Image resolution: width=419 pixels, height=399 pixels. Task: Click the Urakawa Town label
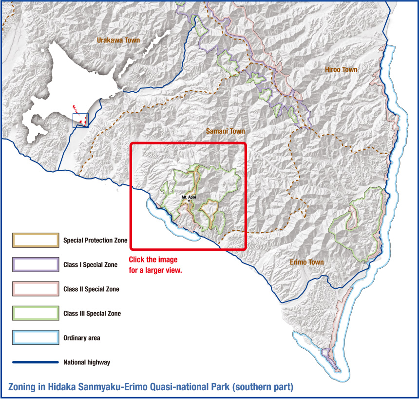(x=118, y=40)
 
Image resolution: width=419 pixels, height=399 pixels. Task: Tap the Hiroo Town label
(x=341, y=70)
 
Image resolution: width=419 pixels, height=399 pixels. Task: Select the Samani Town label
(x=225, y=131)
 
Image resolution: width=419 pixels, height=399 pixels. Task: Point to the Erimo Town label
(x=307, y=262)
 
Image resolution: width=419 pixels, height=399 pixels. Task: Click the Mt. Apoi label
(x=189, y=197)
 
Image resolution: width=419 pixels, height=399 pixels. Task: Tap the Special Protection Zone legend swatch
(x=36, y=240)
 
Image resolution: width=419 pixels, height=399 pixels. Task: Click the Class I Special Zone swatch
(x=36, y=265)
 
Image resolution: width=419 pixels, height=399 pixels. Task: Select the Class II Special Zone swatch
(x=36, y=289)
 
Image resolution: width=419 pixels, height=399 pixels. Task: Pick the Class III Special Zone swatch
(x=36, y=314)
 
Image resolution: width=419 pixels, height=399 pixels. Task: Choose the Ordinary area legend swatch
(x=36, y=338)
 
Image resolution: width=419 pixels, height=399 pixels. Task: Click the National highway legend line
(x=36, y=362)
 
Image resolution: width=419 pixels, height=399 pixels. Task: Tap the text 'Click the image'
(x=153, y=260)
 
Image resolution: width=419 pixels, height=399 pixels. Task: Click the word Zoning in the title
(x=24, y=387)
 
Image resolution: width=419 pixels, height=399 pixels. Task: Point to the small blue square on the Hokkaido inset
(x=80, y=120)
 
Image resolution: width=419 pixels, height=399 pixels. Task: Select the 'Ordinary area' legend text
(x=82, y=338)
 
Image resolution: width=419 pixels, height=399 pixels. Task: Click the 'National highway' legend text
(x=87, y=362)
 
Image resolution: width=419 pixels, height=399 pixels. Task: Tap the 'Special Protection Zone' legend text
(x=95, y=240)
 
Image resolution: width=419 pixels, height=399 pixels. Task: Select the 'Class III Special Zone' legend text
(x=92, y=314)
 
